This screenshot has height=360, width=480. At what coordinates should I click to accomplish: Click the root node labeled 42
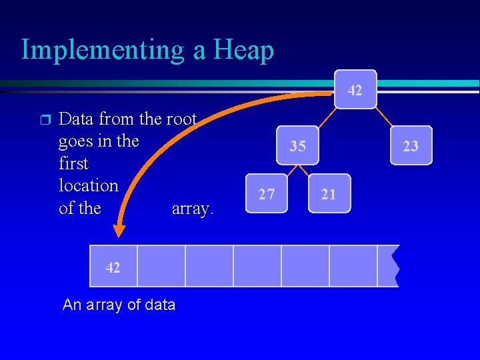pos(355,89)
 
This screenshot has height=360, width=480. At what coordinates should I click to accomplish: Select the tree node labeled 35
pos(298,145)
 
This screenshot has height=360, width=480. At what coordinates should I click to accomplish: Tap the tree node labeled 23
pos(411,145)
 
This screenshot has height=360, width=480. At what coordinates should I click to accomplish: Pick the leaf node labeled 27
pos(267,194)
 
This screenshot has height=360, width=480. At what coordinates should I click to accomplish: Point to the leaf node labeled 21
pos(329,194)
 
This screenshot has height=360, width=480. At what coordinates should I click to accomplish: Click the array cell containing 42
pos(113,267)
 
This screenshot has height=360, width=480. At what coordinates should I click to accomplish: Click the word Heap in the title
pos(243,50)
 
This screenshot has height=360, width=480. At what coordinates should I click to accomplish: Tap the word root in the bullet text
pos(181,119)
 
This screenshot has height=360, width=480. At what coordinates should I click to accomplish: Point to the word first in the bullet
pos(73,163)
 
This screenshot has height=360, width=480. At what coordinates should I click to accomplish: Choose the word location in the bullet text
pos(88,185)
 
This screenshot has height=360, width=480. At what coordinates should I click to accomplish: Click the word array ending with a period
pos(193,209)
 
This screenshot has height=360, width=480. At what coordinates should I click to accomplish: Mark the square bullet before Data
pos(44,120)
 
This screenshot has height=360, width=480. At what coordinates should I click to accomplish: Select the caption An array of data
pos(119,305)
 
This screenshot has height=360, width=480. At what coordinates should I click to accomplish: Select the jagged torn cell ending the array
pos(389,266)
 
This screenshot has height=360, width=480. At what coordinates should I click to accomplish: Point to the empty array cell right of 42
pos(161,266)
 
